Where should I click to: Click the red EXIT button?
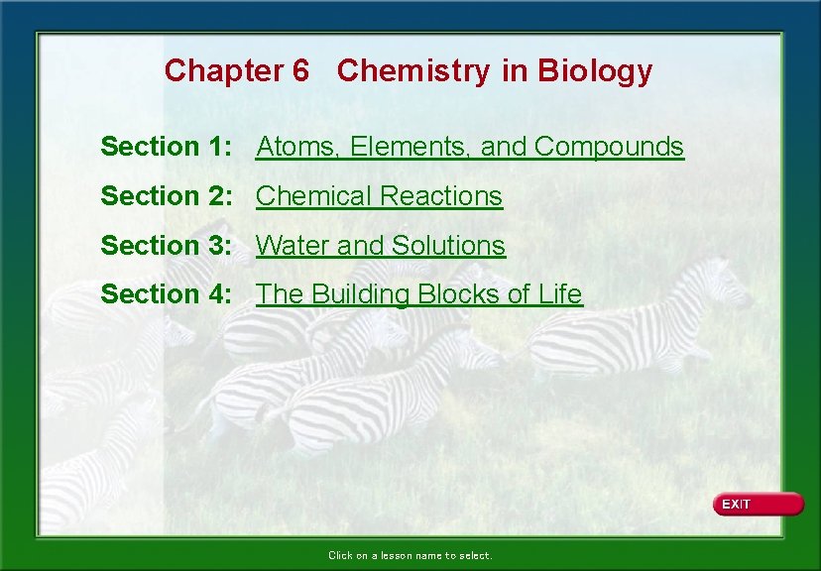coord(758,505)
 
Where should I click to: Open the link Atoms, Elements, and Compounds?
coord(470,147)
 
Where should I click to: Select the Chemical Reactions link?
coord(379,196)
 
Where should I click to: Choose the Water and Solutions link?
coord(381,245)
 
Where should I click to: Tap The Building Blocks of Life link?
coord(419,294)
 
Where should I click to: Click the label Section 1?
coord(167,147)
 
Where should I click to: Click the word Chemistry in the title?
coord(413,71)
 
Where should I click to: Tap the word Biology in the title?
coord(595,71)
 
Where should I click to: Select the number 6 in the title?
coord(300,71)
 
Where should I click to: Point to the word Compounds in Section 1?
coord(609,147)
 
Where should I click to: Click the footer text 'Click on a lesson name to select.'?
coord(410,555)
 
